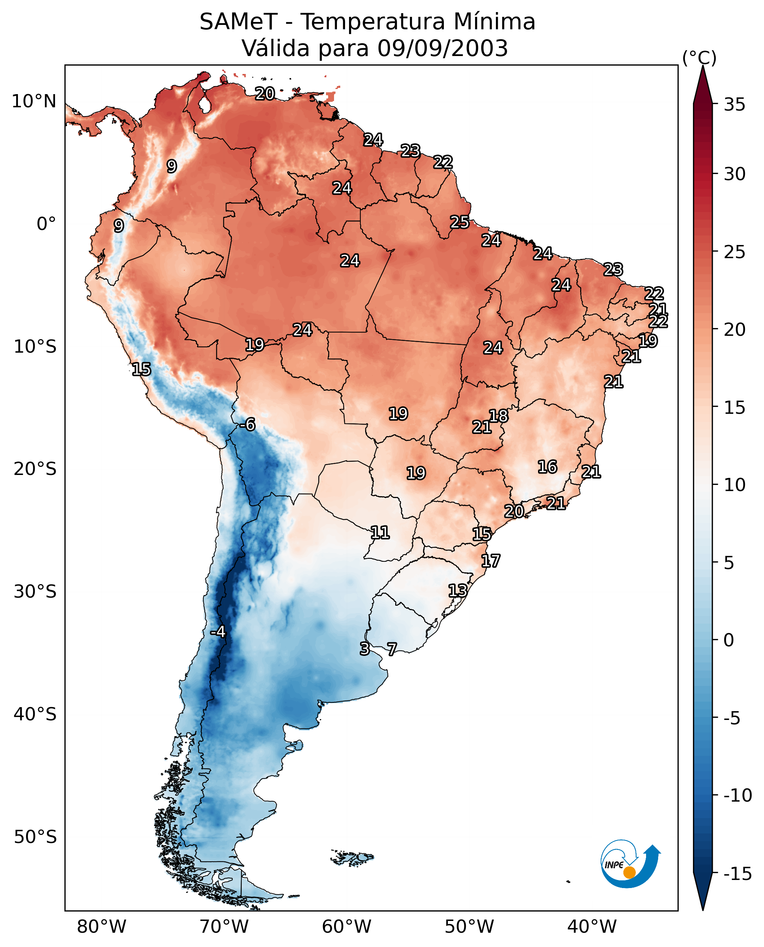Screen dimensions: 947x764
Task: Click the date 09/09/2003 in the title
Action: pyautogui.click(x=442, y=48)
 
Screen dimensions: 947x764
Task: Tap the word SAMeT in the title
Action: pyautogui.click(x=238, y=22)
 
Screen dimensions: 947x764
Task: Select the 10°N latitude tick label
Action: pyautogui.click(x=34, y=102)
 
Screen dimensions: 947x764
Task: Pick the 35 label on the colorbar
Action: pyautogui.click(x=734, y=105)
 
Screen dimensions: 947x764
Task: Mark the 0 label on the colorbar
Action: pyautogui.click(x=729, y=640)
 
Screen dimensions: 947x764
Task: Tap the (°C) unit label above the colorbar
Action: pyautogui.click(x=699, y=58)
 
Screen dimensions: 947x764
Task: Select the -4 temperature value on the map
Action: pyautogui.click(x=218, y=632)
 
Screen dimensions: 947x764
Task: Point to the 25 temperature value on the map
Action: pyautogui.click(x=459, y=222)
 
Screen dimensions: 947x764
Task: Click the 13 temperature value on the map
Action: pyautogui.click(x=458, y=591)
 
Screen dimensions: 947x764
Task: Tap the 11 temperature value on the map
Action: pyautogui.click(x=380, y=533)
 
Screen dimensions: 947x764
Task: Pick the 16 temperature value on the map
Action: pyautogui.click(x=548, y=467)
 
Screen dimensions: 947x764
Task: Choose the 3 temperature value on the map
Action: pyautogui.click(x=364, y=649)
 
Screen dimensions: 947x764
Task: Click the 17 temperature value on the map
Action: pyautogui.click(x=490, y=561)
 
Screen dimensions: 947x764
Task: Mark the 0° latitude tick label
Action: pyautogui.click(x=46, y=224)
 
